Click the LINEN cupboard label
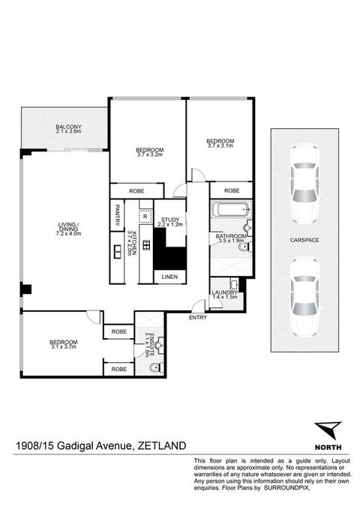(x=169, y=278)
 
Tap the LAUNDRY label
(x=224, y=293)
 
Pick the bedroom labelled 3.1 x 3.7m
(x=64, y=344)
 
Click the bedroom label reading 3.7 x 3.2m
(x=150, y=151)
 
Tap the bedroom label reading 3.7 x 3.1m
(x=220, y=143)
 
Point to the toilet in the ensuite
(x=154, y=368)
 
